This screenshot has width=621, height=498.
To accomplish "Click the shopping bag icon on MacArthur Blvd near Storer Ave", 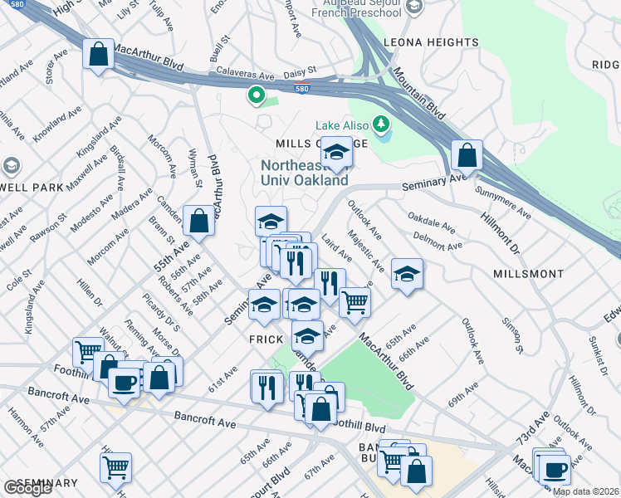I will (98, 55).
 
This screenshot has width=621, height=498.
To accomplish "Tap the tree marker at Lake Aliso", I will (381, 124).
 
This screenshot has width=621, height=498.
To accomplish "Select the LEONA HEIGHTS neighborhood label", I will (430, 42).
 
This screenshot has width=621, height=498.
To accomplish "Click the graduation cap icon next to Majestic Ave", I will (406, 274).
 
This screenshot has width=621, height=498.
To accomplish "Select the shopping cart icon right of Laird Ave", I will (355, 301).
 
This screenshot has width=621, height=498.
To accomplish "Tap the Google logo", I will (27, 488).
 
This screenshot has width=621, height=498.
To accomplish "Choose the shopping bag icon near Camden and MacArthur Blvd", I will (199, 221).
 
